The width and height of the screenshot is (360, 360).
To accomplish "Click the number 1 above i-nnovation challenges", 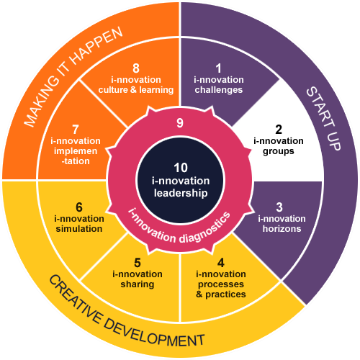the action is (x=218, y=68).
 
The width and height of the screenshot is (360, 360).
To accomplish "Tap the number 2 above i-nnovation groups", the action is (x=279, y=130).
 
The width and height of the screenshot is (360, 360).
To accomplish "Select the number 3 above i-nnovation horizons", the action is (x=279, y=207).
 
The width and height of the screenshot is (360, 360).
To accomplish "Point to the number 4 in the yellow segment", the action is (x=221, y=263).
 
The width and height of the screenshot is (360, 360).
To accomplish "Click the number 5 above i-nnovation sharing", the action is (x=138, y=263).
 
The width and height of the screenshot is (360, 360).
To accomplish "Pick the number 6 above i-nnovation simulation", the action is (x=79, y=207).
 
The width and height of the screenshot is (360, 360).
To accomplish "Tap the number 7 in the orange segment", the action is (x=76, y=130).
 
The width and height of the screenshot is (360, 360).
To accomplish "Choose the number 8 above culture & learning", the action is (x=136, y=68).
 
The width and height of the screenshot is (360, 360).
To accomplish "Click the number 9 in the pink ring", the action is (x=180, y=123).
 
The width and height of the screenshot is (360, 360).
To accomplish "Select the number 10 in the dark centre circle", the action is (x=181, y=168).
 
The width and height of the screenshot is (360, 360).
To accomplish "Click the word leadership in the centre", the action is (x=181, y=193).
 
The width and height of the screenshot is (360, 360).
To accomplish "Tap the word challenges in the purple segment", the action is (x=219, y=90).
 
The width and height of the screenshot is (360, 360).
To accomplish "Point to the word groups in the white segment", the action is (x=279, y=151).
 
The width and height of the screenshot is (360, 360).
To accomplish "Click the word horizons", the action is (x=282, y=229).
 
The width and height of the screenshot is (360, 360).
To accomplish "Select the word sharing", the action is (x=138, y=284).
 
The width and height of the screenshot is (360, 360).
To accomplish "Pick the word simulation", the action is (x=79, y=229).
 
